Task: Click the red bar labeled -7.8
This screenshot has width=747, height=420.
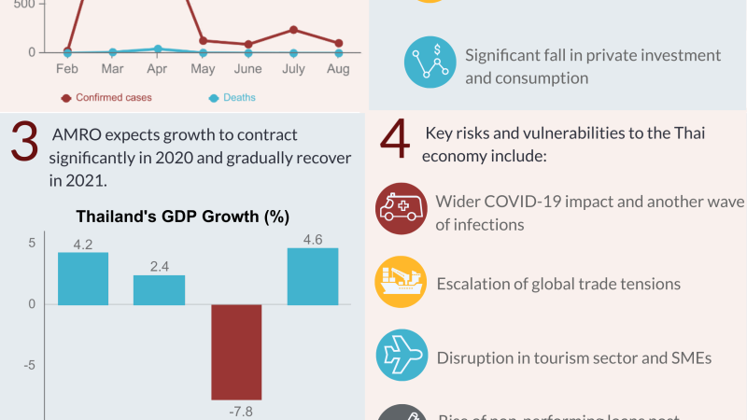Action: point(236,352)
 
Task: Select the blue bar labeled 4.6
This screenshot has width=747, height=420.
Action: point(313,276)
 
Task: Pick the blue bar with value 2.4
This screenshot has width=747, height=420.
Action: point(159,289)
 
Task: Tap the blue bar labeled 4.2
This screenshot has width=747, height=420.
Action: point(83,278)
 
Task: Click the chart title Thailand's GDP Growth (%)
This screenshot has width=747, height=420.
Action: point(183,217)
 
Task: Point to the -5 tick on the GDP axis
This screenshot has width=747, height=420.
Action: point(30,366)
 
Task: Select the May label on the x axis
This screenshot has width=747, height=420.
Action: point(203,69)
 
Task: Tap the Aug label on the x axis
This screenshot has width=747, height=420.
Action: point(338,69)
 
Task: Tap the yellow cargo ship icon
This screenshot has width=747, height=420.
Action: point(402,283)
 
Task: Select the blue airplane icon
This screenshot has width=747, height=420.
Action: point(402,357)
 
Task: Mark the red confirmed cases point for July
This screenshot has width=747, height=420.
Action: point(293,30)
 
